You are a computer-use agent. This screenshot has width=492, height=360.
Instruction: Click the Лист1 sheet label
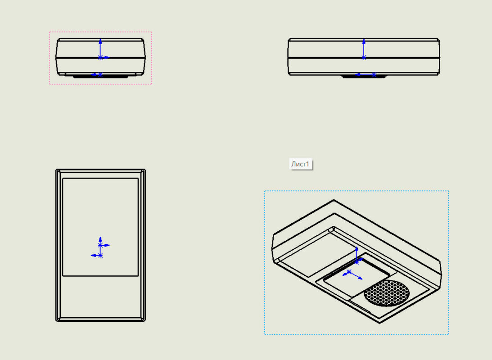[301, 164]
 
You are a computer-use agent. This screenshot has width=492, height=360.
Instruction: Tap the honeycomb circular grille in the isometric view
[387, 293]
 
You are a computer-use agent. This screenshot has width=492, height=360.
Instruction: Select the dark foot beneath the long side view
[364, 76]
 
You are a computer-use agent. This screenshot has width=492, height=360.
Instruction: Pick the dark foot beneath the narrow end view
[100, 76]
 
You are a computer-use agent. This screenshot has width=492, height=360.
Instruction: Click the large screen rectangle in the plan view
[100, 227]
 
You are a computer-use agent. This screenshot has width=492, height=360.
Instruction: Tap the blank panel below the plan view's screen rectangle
[100, 297]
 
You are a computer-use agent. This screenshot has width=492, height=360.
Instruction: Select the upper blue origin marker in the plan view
[100, 245]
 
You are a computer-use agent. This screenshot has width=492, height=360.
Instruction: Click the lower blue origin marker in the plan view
[100, 256]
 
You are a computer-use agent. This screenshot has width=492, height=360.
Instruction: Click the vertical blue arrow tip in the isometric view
[357, 249]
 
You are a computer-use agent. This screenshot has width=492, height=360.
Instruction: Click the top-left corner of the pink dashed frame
[49, 31]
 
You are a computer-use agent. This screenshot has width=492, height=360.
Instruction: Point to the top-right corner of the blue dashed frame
[449, 191]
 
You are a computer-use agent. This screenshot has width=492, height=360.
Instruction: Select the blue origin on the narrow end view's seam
[100, 58]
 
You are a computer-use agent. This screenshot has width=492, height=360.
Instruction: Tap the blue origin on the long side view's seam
[364, 58]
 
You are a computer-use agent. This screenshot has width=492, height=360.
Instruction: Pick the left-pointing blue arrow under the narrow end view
[96, 75]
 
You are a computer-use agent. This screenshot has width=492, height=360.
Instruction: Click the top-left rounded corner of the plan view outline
[57, 171]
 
